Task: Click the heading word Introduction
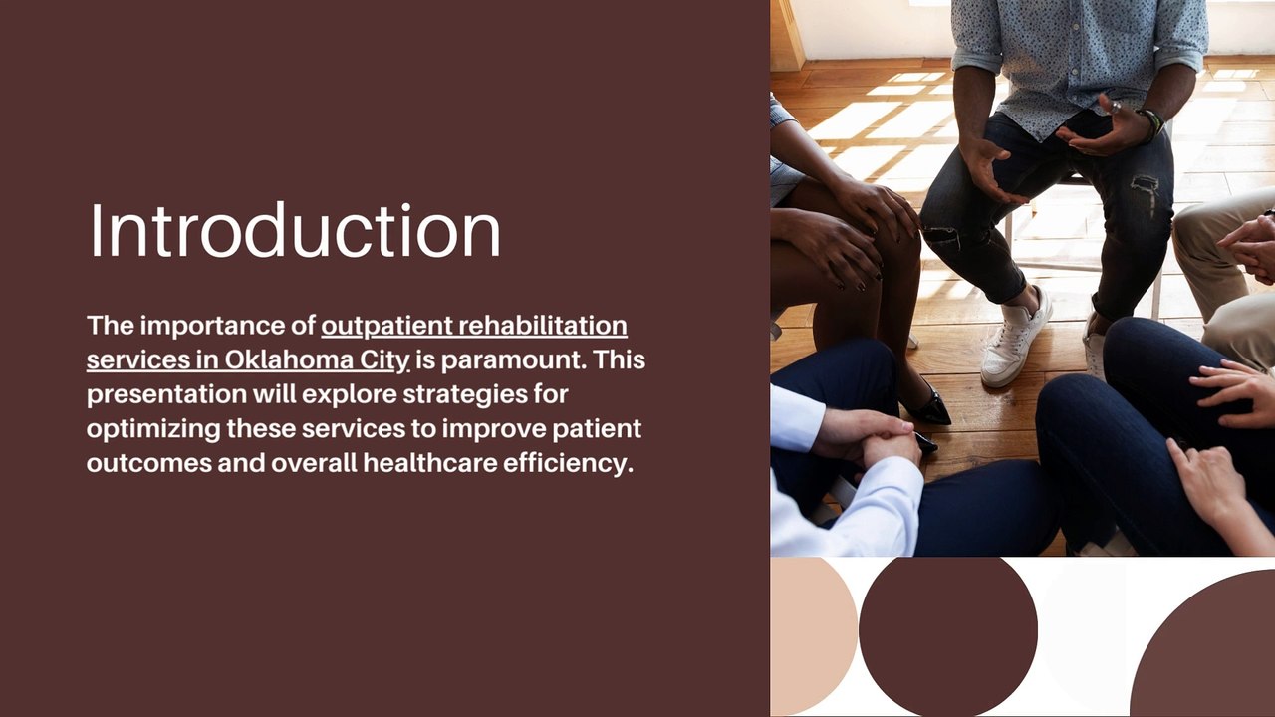tap(295, 230)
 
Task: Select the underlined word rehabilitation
tap(543, 326)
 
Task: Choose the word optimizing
tap(153, 429)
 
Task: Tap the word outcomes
tap(148, 463)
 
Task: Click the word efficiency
tap(568, 463)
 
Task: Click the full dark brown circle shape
tap(948, 635)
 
